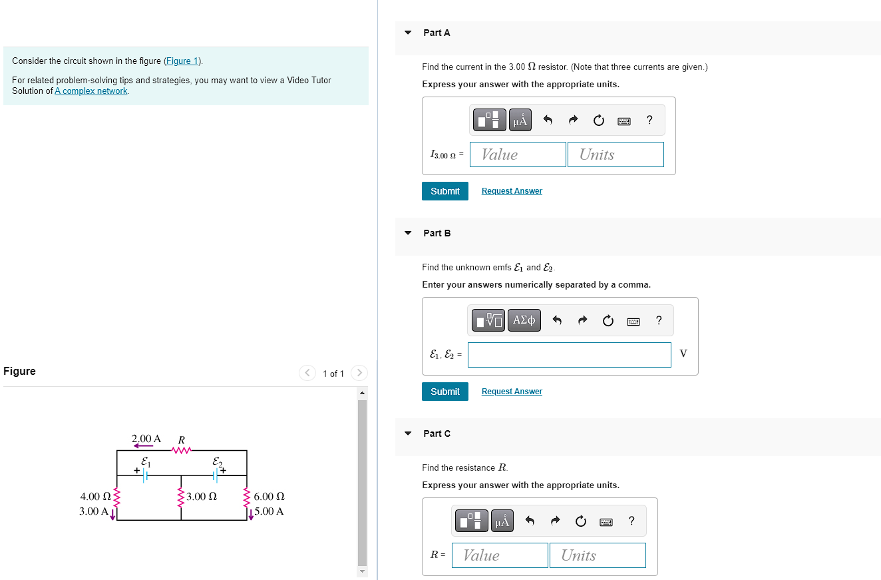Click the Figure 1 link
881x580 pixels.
pos(183,61)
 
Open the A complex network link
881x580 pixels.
pos(91,91)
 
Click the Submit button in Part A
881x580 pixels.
pos(444,191)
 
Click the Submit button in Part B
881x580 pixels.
pos(444,392)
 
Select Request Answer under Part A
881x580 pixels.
pos(512,191)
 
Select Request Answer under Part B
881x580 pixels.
pos(512,392)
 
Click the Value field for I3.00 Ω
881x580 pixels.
pos(518,154)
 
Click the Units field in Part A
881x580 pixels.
pos(616,154)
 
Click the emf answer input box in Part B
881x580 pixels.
pos(569,355)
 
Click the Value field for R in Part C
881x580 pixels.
pos(500,555)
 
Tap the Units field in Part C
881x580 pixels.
pos(598,555)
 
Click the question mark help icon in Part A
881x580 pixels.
pos(649,120)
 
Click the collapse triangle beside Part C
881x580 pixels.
pos(408,434)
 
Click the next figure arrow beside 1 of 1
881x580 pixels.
pos(359,373)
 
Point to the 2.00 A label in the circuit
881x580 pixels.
pos(146,439)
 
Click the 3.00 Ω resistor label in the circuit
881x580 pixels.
pos(202,497)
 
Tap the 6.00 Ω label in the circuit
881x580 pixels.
pos(269,497)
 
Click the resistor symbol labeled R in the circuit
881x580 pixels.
pos(181,450)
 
